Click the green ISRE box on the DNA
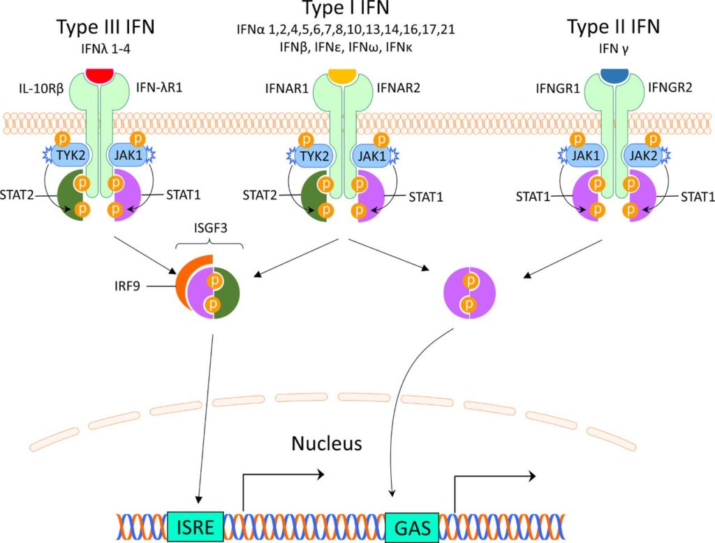click(x=196, y=523)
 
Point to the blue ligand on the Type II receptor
click(x=614, y=73)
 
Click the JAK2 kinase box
click(x=644, y=156)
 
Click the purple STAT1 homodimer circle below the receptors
click(x=471, y=292)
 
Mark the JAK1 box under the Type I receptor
click(x=372, y=156)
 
